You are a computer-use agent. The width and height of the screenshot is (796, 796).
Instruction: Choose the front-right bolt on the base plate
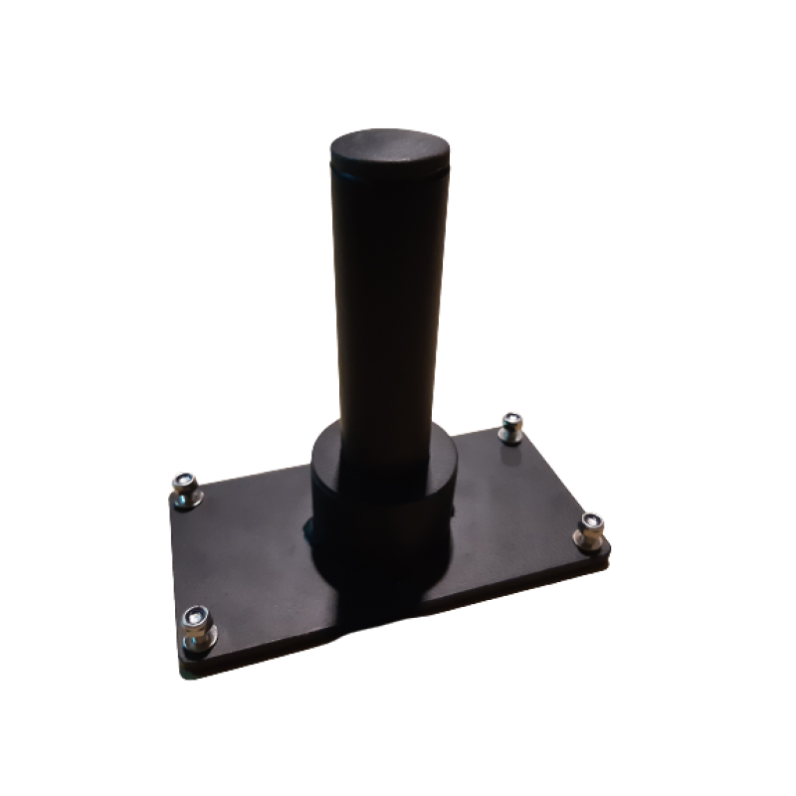(592, 526)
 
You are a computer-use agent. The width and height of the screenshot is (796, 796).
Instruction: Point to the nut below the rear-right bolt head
(511, 434)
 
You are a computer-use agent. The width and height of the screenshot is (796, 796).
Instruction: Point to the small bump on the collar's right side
(456, 508)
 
